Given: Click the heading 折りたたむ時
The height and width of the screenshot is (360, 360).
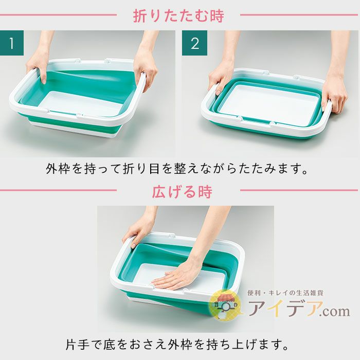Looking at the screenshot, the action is point(178,15).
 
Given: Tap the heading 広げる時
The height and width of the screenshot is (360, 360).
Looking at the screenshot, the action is point(182,192).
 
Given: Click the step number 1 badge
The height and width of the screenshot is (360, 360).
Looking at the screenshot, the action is point(12,43).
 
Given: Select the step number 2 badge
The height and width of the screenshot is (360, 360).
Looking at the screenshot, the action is point(194,43).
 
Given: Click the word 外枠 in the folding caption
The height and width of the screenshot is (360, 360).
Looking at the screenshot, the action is point(58,169).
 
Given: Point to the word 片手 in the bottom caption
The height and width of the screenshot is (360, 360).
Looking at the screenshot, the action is point(77,345).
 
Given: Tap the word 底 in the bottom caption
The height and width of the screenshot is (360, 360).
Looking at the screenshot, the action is point(109,345).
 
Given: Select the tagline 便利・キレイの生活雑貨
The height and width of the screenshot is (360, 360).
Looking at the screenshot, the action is point(285,293).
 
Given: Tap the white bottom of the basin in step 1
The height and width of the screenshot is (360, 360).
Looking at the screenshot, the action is point(80,103).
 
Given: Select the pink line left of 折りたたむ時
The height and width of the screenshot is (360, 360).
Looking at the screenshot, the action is point(58,15).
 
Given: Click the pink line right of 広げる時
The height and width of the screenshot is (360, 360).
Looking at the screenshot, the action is point(299,190).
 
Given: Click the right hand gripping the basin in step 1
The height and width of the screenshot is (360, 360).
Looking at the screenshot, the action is point(145,69).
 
